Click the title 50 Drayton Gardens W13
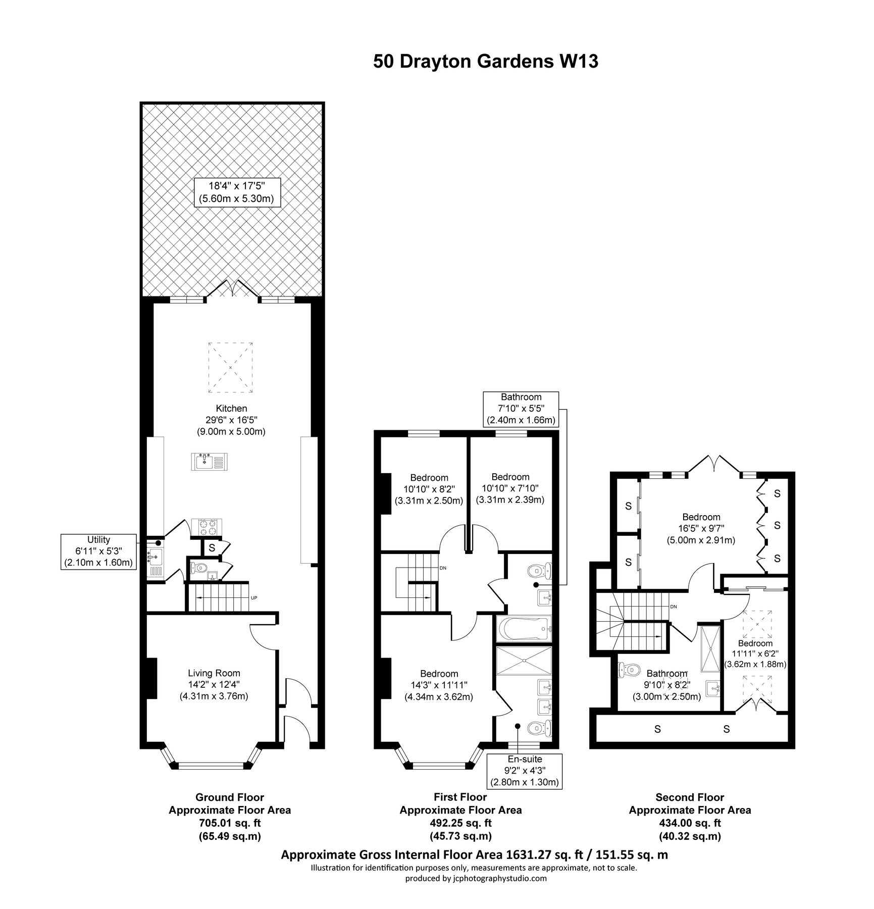(x=485, y=61)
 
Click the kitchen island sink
(x=210, y=462)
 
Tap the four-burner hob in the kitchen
(x=207, y=527)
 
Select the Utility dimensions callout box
(x=98, y=551)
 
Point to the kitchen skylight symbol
(x=230, y=367)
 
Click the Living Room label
(x=214, y=673)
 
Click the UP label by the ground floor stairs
(x=254, y=598)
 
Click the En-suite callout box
(x=525, y=771)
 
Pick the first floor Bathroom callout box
(x=521, y=409)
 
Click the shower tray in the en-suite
(x=524, y=660)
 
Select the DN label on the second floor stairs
(x=673, y=607)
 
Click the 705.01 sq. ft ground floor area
(x=229, y=823)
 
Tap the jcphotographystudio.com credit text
(x=476, y=878)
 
